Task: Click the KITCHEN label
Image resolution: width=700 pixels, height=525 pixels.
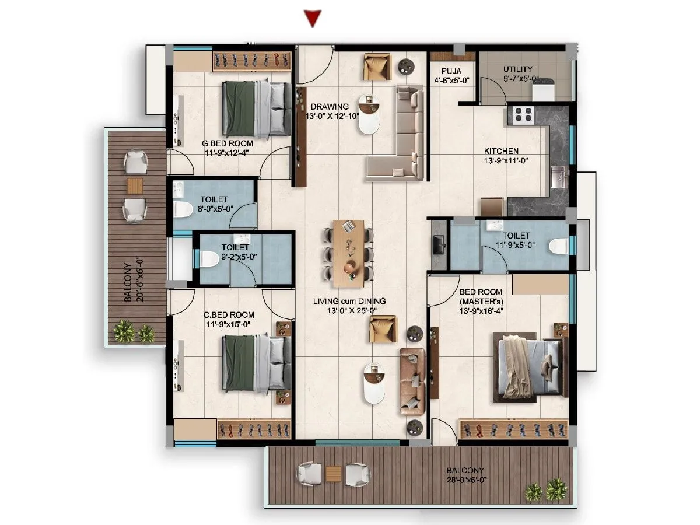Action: (x=501, y=151)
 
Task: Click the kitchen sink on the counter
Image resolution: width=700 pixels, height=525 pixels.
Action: (x=557, y=174)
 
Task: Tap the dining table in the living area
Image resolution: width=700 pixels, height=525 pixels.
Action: (x=349, y=253)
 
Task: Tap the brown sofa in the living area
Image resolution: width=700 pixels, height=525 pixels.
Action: (x=412, y=380)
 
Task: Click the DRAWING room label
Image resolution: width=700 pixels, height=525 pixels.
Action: (x=330, y=107)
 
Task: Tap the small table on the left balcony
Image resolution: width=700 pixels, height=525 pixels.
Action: (x=135, y=186)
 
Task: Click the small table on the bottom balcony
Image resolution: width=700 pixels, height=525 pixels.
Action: (x=333, y=473)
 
